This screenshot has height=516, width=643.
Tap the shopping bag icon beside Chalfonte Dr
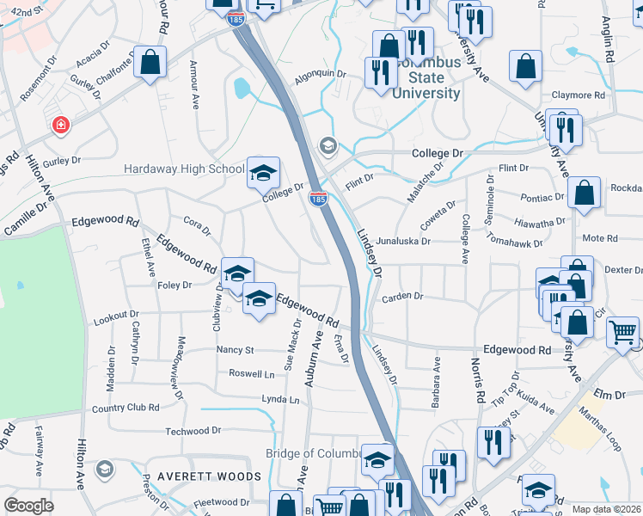(x=150, y=63)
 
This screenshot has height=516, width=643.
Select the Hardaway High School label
(x=185, y=169)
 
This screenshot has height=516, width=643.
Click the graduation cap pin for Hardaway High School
(x=264, y=172)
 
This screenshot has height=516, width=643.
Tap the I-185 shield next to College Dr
(x=318, y=199)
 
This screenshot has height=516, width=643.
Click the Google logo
(x=29, y=505)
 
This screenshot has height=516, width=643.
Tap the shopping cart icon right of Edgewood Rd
(x=622, y=331)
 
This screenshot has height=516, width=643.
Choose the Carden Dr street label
(x=403, y=297)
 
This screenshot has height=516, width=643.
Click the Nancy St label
(x=236, y=350)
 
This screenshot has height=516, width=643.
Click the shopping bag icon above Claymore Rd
(x=525, y=66)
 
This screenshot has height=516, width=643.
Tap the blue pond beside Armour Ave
(x=242, y=88)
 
